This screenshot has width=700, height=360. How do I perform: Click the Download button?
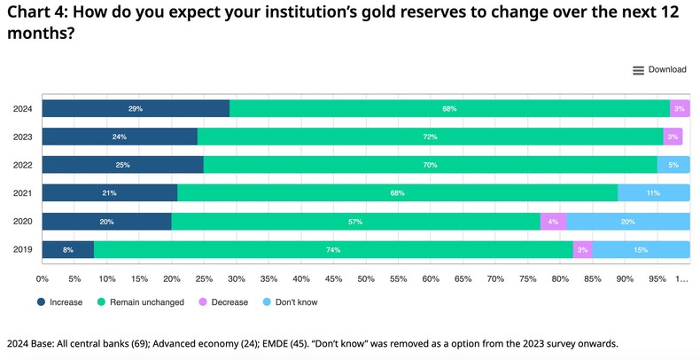click(x=660, y=70)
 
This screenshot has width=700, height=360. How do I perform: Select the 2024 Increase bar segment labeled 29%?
click(x=136, y=109)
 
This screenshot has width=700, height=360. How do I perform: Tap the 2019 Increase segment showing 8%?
click(x=68, y=250)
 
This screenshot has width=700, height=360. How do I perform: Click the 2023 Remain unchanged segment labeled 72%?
click(x=430, y=137)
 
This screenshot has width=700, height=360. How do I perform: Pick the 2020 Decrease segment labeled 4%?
click(x=553, y=222)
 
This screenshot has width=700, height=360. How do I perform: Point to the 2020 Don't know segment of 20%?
click(x=628, y=222)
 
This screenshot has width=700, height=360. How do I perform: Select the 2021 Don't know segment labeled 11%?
click(x=654, y=193)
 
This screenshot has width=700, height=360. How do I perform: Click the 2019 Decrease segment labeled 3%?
click(x=582, y=250)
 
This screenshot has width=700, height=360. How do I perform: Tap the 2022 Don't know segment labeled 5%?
click(x=673, y=165)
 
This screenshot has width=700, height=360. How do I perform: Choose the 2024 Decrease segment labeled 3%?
click(x=680, y=109)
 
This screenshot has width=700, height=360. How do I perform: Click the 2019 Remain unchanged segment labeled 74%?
click(x=333, y=250)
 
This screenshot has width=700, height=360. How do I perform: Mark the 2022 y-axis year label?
click(x=23, y=165)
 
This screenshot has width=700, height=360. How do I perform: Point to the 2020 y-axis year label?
click(x=23, y=222)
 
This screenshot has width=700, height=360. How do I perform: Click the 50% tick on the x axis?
click(x=366, y=278)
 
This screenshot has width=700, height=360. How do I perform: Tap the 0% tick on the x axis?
click(x=42, y=278)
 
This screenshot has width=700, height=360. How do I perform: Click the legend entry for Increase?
click(x=60, y=302)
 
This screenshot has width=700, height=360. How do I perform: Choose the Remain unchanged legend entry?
click(x=141, y=302)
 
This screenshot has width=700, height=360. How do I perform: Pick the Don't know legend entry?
click(x=289, y=302)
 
